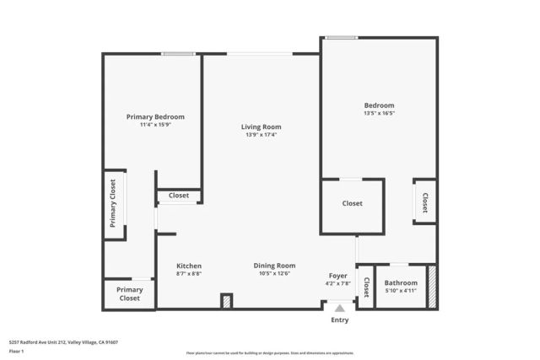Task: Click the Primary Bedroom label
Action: point(155,116)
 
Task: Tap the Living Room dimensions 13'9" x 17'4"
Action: point(261,135)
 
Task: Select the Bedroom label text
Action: point(379,105)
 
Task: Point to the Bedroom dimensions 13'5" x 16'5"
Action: point(379,113)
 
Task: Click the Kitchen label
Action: point(188,266)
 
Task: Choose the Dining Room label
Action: point(274,266)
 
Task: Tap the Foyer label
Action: point(337,276)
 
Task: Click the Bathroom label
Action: point(401,283)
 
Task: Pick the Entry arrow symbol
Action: point(339,309)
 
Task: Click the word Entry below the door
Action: point(339,320)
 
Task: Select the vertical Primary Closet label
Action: point(113,203)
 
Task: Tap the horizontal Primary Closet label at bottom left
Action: point(129,293)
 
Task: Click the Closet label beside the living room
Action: point(179,196)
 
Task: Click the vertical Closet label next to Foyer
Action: point(365,288)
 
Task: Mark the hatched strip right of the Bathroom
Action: point(432,287)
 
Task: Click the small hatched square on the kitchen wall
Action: point(226,301)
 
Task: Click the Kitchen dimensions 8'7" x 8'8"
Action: point(188,273)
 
